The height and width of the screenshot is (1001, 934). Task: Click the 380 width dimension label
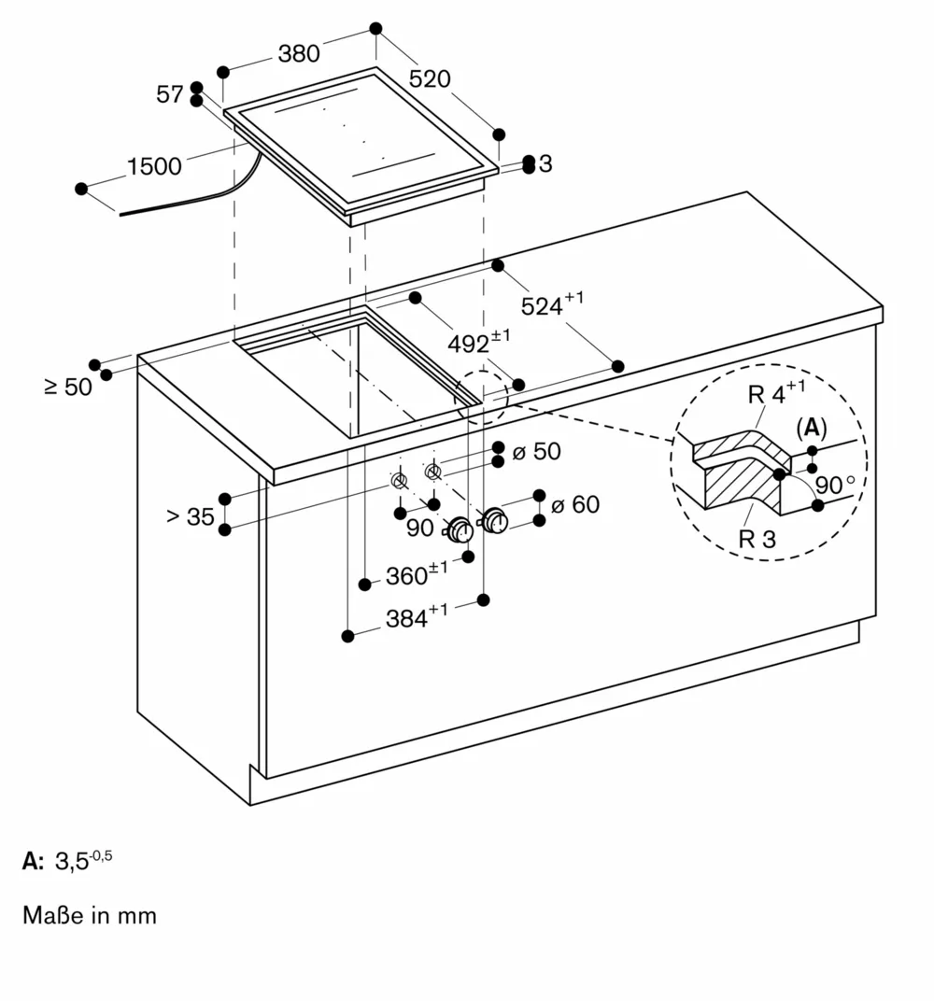(299, 54)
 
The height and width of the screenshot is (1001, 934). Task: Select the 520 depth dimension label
(430, 79)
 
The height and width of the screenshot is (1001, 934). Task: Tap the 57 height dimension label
(170, 93)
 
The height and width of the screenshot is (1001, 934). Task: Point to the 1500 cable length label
(154, 167)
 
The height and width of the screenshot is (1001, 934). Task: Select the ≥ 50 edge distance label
(68, 386)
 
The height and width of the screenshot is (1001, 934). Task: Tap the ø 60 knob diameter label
(574, 505)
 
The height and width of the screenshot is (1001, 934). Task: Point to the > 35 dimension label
(191, 516)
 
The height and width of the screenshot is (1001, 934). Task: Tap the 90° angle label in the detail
(835, 486)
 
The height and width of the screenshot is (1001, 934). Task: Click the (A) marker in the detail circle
(811, 428)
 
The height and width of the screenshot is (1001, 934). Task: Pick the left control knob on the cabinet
(460, 530)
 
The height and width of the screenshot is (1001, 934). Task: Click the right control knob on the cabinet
(494, 520)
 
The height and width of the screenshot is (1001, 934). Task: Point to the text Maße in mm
(90, 915)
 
